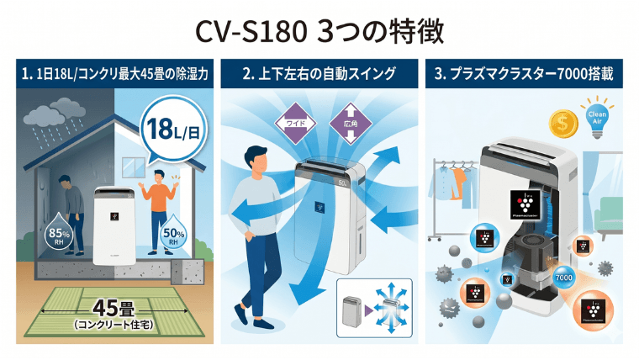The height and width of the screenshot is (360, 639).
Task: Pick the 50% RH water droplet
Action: (174, 234)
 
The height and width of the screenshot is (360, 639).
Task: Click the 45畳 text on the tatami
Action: (109, 306)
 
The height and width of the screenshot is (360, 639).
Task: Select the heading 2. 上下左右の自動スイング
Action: (319, 74)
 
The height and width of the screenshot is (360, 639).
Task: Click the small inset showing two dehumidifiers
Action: (374, 309)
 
